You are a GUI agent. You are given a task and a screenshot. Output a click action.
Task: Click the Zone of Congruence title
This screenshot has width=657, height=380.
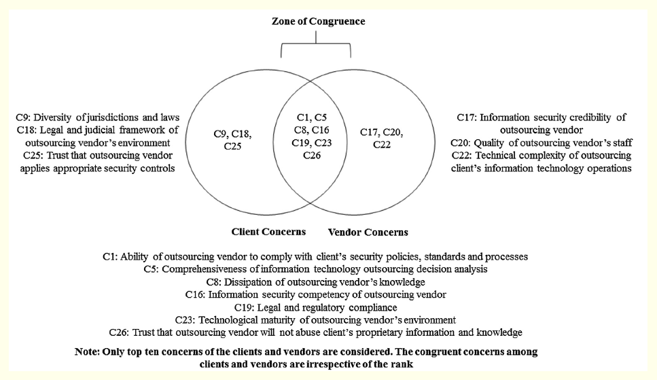click(x=318, y=21)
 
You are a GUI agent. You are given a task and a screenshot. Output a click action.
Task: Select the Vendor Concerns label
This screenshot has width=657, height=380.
click(x=368, y=232)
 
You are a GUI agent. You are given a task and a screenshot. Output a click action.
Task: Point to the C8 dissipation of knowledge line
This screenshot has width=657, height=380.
click(x=315, y=281)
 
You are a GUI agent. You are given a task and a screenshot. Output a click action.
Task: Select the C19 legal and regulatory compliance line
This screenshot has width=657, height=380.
click(x=315, y=307)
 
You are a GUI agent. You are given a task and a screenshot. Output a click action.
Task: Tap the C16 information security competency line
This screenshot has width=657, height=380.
click(x=315, y=294)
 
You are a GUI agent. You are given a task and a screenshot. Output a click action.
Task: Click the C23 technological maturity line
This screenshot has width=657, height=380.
click(x=315, y=319)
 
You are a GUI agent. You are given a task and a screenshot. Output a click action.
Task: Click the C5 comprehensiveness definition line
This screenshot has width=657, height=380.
click(x=315, y=269)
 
